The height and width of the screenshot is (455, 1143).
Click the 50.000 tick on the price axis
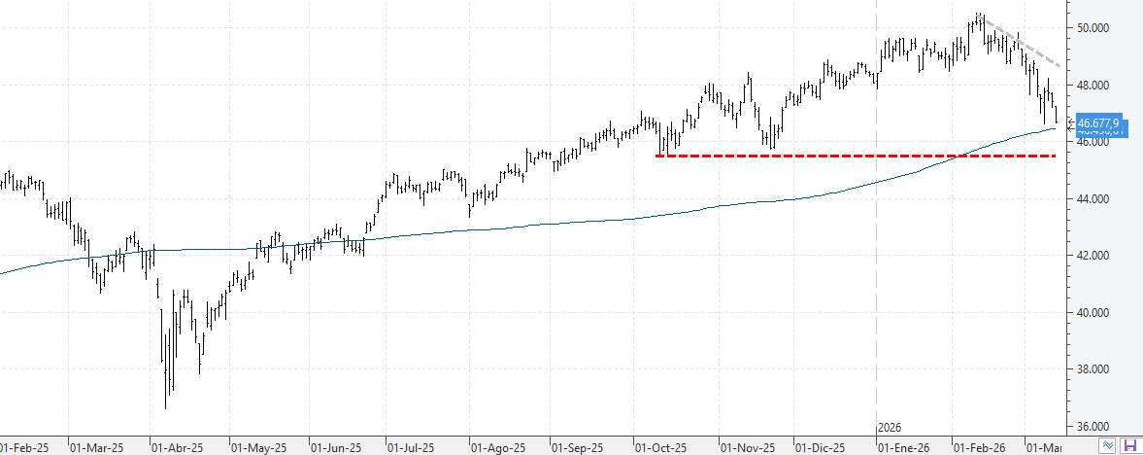1094,28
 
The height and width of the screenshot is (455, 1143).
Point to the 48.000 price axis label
1094,86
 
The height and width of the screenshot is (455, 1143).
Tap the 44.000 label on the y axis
1094,199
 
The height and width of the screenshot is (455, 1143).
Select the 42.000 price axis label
1094,256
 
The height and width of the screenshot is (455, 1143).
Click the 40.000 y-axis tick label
1094,313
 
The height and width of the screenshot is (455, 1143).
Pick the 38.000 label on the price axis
1094,369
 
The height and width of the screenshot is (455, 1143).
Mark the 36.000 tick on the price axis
1094,427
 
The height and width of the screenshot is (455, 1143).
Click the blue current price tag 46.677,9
1097,123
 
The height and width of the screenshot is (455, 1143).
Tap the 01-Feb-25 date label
23,448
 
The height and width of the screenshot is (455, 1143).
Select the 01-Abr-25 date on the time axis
177,448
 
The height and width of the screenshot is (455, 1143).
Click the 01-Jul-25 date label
411,448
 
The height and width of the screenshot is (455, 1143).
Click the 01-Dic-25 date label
820,448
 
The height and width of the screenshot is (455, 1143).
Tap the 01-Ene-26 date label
902,448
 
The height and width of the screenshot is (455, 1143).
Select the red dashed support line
855,156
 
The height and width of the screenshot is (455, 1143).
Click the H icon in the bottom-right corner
1129,444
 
